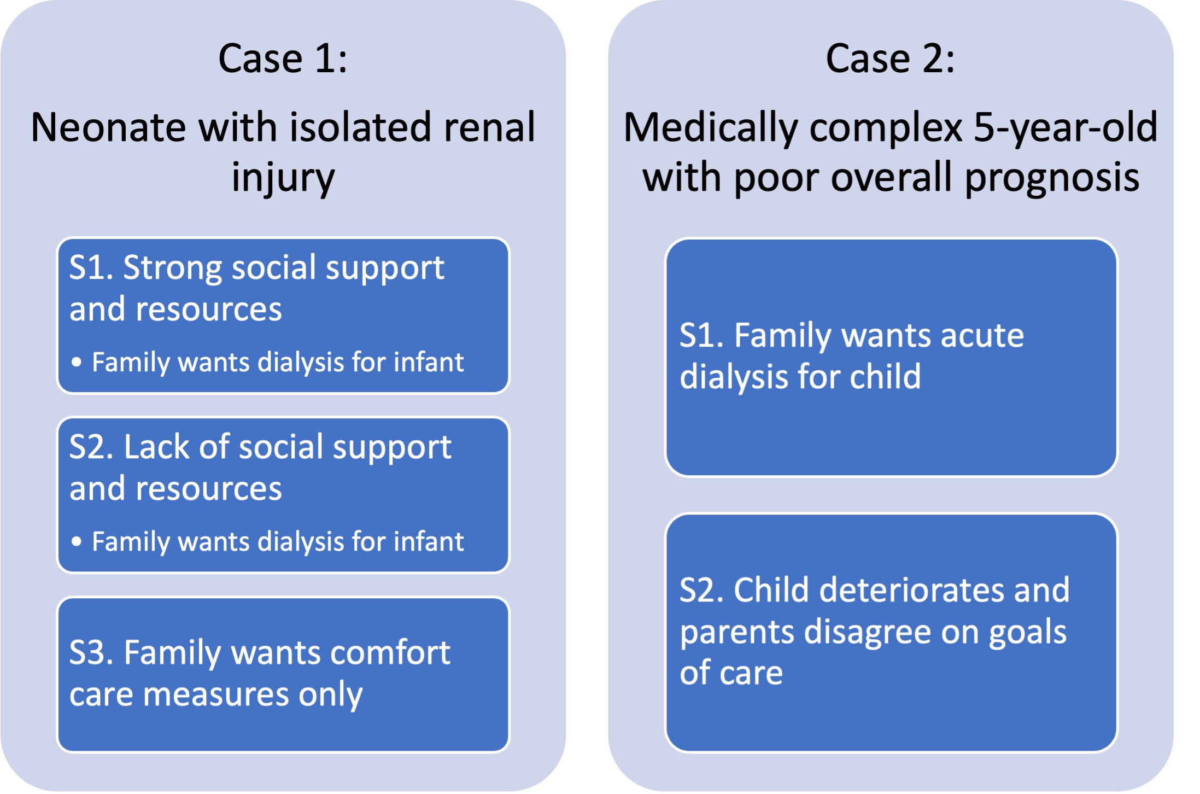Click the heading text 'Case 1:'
coord(283,59)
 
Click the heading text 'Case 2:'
coord(891,59)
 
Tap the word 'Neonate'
coord(108,127)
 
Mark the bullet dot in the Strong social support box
coord(77,362)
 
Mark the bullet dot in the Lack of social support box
coord(77,541)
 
